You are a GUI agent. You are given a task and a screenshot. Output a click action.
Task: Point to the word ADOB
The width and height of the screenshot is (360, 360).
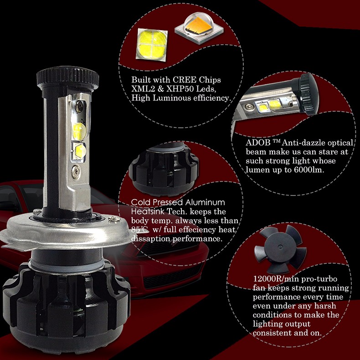coord(255,143)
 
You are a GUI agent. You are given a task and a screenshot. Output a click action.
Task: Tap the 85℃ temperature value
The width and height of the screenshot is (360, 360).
coord(139,230)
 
